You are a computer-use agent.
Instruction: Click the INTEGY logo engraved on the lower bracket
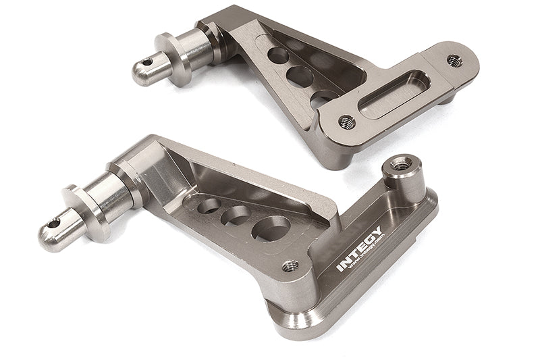click(x=360, y=248)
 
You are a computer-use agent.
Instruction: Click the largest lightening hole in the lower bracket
click(x=271, y=228)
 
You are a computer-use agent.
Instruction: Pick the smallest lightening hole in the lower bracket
click(x=209, y=205)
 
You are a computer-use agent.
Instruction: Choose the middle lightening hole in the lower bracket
click(x=237, y=215)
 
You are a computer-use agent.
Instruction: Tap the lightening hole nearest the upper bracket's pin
click(x=276, y=53)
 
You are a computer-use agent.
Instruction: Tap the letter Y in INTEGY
click(x=378, y=231)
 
